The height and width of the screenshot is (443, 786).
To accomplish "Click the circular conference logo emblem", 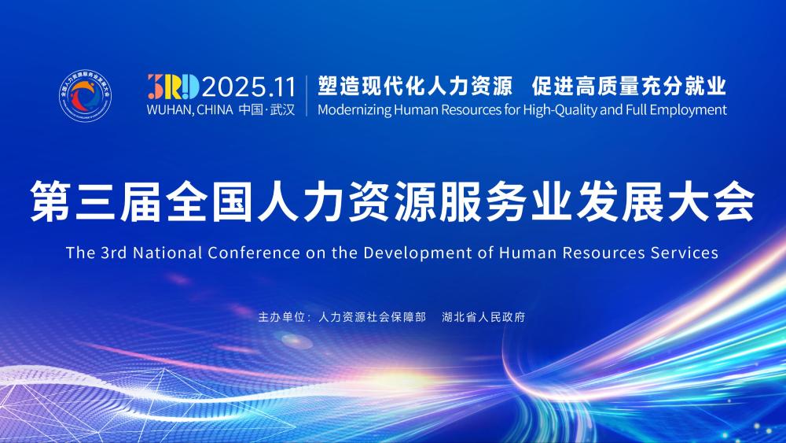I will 86,97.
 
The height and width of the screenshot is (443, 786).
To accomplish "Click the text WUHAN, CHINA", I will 189,110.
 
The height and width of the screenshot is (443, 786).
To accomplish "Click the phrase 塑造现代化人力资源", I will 414,84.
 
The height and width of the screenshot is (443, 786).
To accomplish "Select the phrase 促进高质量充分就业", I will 629,84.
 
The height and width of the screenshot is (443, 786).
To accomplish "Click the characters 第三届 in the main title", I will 87,202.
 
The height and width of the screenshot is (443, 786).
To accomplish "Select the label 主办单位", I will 281,318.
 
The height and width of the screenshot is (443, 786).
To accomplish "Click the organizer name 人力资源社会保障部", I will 373,318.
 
